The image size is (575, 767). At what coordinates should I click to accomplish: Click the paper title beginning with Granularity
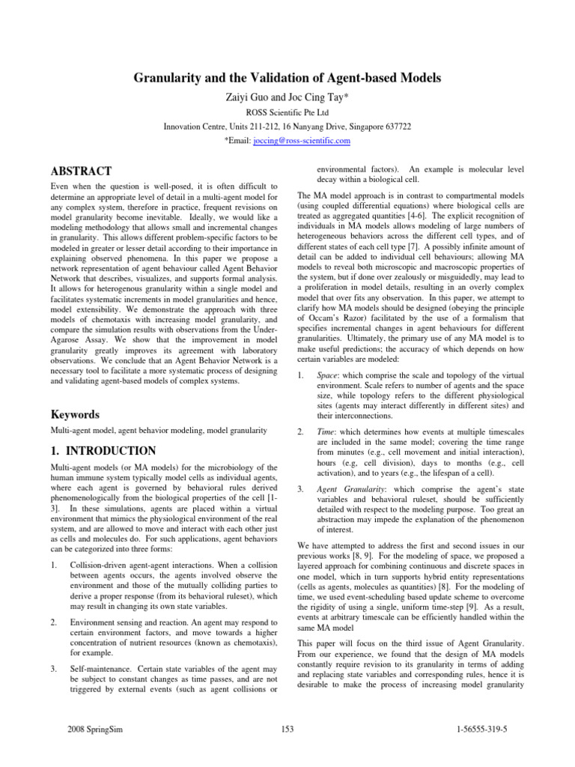287,79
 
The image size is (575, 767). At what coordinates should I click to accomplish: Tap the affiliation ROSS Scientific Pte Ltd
287,112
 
